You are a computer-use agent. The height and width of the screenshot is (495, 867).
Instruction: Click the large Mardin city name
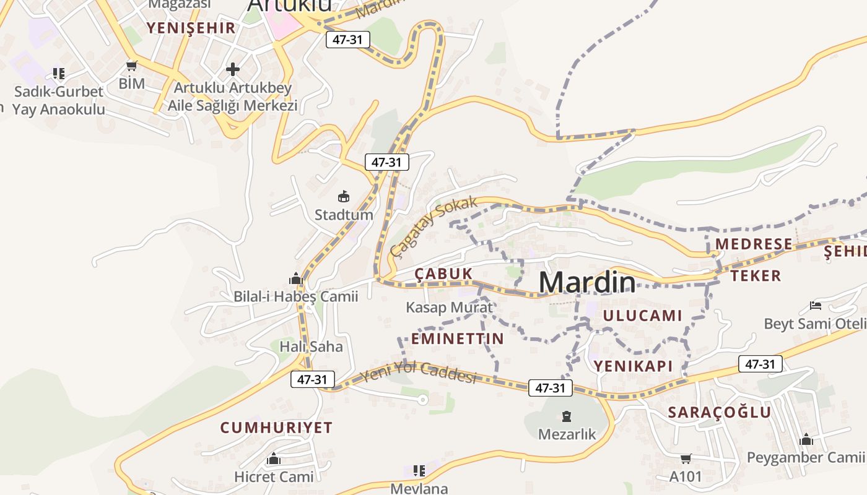click(x=586, y=282)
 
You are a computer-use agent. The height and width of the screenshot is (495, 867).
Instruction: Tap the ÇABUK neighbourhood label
click(x=443, y=273)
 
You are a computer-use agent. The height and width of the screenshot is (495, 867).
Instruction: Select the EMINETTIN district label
click(x=458, y=338)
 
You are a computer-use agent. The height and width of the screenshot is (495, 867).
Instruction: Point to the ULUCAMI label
click(x=642, y=316)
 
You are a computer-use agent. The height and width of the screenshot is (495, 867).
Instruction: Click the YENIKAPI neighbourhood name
click(x=633, y=366)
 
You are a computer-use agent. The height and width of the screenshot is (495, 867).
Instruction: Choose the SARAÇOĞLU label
click(x=720, y=412)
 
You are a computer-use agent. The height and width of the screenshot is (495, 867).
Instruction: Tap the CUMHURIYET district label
click(x=276, y=428)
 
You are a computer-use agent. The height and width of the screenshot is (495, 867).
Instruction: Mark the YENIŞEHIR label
click(x=191, y=28)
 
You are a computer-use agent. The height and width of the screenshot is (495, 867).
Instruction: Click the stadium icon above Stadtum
click(x=343, y=197)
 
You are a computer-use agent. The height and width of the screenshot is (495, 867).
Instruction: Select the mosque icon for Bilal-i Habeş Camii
click(x=296, y=278)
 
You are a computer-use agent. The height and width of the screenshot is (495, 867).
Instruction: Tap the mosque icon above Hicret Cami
click(x=274, y=459)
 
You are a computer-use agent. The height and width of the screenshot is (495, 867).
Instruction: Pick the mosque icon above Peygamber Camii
click(x=806, y=439)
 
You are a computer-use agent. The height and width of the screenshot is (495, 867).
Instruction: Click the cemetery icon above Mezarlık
click(x=566, y=416)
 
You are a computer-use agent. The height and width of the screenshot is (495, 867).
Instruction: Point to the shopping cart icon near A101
click(x=686, y=458)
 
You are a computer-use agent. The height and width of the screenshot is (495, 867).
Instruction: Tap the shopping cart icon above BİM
click(x=131, y=66)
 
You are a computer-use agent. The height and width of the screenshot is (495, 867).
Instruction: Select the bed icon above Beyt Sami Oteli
click(x=815, y=306)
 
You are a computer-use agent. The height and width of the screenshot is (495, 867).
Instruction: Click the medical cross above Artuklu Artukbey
click(x=233, y=69)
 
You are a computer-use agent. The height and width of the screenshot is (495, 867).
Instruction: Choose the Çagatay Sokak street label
click(x=434, y=227)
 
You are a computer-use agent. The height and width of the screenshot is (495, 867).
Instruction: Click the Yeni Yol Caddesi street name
click(x=419, y=372)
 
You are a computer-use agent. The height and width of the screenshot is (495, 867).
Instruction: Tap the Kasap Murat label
click(x=449, y=307)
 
